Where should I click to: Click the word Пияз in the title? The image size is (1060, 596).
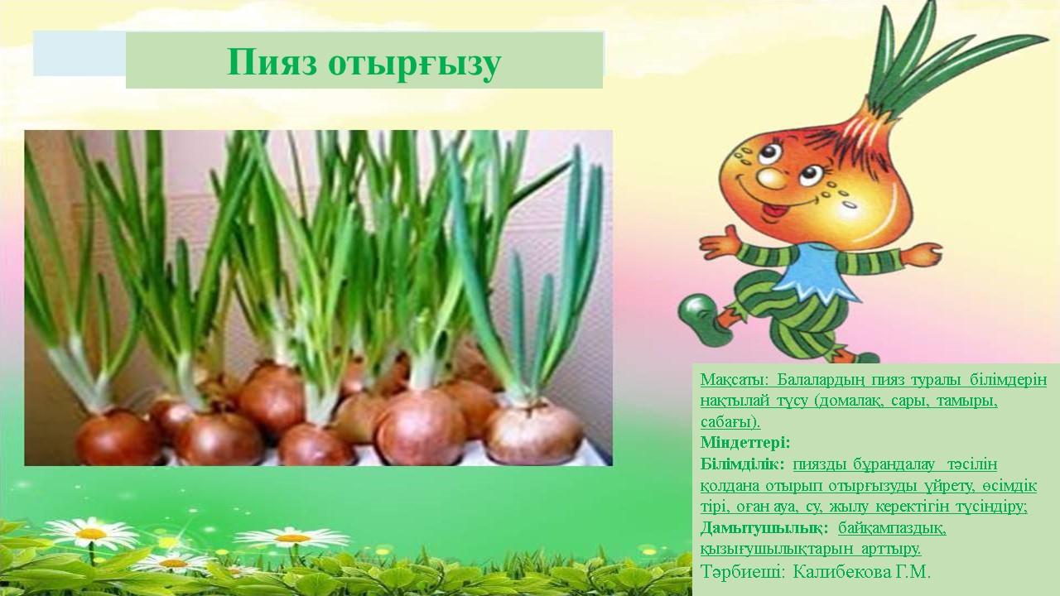(272, 62)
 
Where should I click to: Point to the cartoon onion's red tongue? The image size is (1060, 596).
(774, 211)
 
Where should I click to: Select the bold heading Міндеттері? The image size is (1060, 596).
(745, 443)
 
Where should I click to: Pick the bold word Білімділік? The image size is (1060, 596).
(743, 464)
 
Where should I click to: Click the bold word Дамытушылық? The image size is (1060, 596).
(764, 528)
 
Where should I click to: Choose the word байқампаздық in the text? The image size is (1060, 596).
(892, 529)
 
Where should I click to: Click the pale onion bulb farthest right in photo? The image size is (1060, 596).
(535, 432)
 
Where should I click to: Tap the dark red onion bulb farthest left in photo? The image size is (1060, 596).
(118, 438)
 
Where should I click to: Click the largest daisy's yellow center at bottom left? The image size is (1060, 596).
(91, 534)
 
